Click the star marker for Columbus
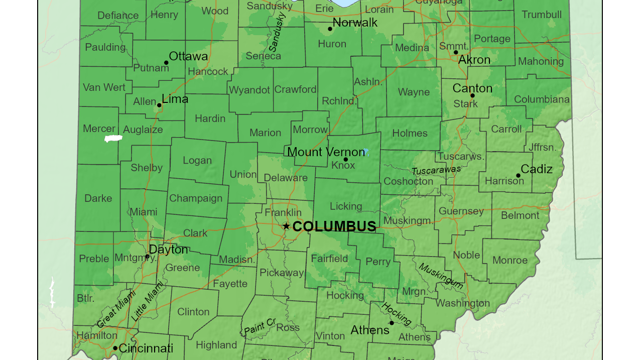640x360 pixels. (286, 226)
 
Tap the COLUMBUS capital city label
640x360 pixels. (334, 226)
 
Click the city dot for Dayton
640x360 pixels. (147, 257)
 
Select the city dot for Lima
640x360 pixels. (159, 105)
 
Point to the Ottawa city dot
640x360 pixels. (166, 63)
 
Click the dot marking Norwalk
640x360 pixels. (330, 29)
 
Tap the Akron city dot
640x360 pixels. (456, 52)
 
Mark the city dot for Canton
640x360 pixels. (472, 95)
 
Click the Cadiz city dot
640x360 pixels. (518, 176)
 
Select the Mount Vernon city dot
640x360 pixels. (345, 160)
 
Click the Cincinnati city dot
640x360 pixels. (115, 348)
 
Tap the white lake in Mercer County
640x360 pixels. (113, 139)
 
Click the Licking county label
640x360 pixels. (346, 206)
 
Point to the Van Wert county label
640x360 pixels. (104, 87)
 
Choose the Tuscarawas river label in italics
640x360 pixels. (436, 170)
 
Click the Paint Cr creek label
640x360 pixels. (260, 327)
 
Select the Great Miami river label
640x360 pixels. (116, 309)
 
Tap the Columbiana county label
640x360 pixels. (542, 99)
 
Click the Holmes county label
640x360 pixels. (410, 134)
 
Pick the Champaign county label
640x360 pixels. (196, 198)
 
